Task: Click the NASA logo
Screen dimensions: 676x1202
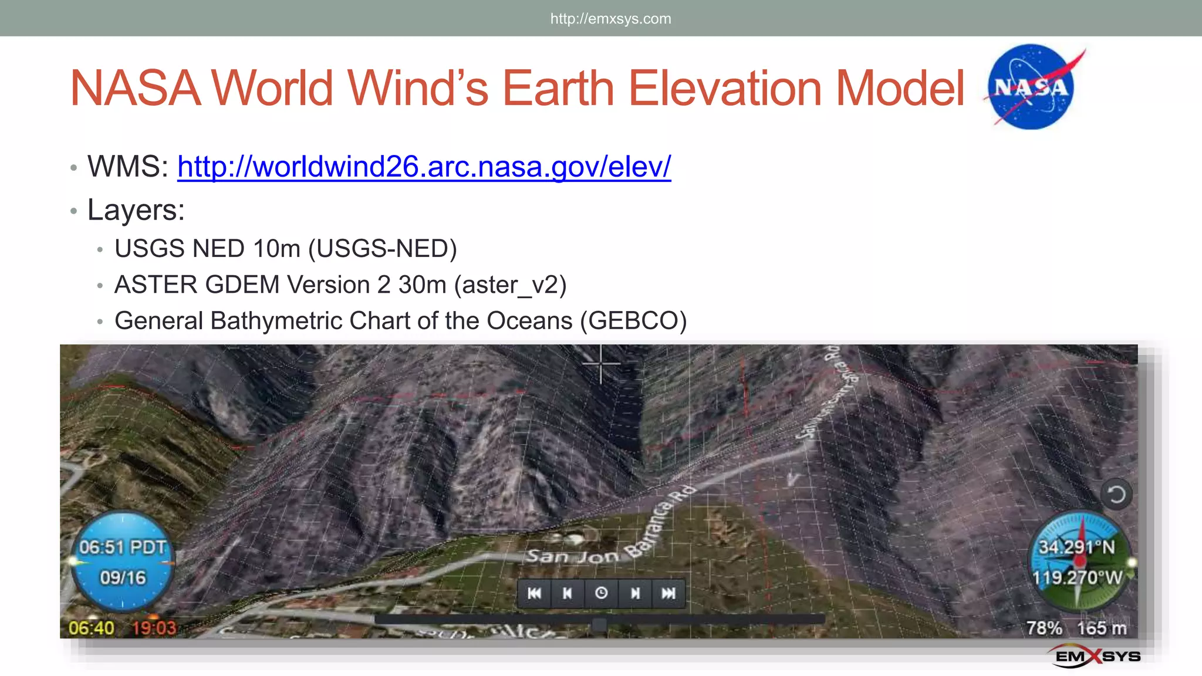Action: [1031, 87]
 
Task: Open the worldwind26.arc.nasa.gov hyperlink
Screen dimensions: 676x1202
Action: [424, 167]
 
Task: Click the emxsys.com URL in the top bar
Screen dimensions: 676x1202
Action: [610, 19]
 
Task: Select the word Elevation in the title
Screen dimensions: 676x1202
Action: [724, 88]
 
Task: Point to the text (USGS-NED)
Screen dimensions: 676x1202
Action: [383, 249]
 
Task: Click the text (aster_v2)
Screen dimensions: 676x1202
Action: [510, 285]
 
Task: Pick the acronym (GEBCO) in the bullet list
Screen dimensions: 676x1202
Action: [633, 321]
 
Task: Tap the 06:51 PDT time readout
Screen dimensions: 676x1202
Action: [123, 547]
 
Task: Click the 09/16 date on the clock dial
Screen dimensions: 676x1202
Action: [123, 578]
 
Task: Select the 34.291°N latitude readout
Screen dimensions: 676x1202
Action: [1076, 547]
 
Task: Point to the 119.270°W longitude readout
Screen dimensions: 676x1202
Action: [1077, 578]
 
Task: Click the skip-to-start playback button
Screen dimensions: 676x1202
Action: [534, 593]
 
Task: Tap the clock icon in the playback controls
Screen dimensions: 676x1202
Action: [601, 593]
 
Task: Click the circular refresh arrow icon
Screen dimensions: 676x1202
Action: [1116, 495]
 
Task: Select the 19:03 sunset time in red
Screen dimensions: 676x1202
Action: [154, 628]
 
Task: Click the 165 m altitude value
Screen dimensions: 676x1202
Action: [1102, 628]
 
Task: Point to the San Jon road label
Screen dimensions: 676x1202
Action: [572, 556]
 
